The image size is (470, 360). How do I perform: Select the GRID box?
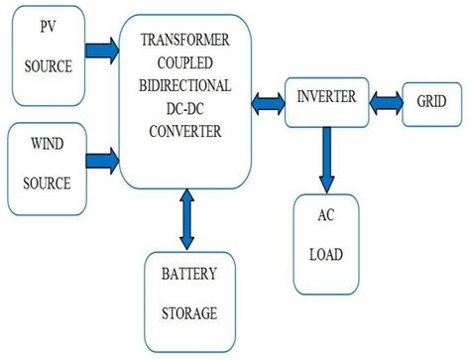point(430,101)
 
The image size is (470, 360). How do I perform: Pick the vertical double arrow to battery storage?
point(185,221)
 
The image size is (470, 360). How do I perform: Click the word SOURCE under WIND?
point(47,183)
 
